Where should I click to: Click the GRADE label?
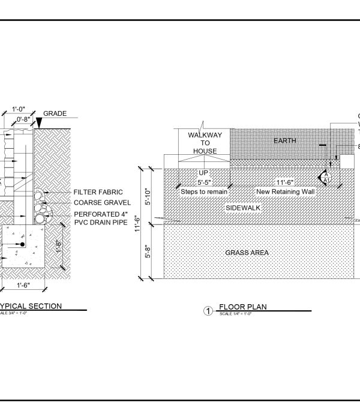(x=55, y=113)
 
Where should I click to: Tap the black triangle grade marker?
(x=39, y=123)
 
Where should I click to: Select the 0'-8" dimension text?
(x=24, y=119)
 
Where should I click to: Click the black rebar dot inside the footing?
(x=22, y=245)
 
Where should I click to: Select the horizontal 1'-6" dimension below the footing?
(x=23, y=286)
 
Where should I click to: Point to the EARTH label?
(x=285, y=140)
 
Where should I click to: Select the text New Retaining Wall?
(x=285, y=191)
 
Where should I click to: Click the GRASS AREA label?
(x=247, y=253)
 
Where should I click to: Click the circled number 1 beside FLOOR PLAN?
(x=208, y=311)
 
